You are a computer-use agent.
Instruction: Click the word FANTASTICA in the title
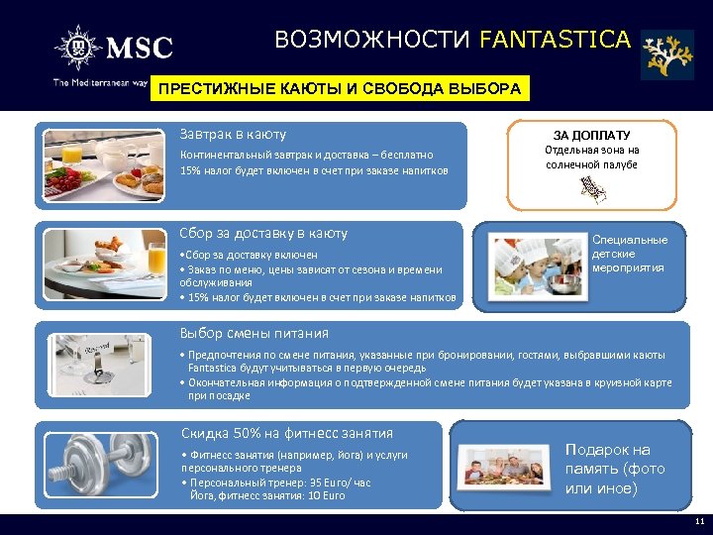coord(554,40)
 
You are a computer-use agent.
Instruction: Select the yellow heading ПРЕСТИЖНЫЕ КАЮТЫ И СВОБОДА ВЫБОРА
coord(340,89)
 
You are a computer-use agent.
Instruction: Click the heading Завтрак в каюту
coord(233,134)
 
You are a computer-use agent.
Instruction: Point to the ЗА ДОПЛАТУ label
coord(591,135)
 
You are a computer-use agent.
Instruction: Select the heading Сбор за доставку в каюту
coord(263,234)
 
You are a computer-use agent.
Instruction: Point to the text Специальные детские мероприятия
coord(630,254)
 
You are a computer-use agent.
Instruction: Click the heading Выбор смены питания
coord(254,334)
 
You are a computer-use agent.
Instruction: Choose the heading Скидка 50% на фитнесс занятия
coord(287,433)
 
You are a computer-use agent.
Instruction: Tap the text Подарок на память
coord(615,469)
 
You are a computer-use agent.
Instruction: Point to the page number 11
coord(699,523)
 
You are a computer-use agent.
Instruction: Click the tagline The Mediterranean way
coord(99,83)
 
